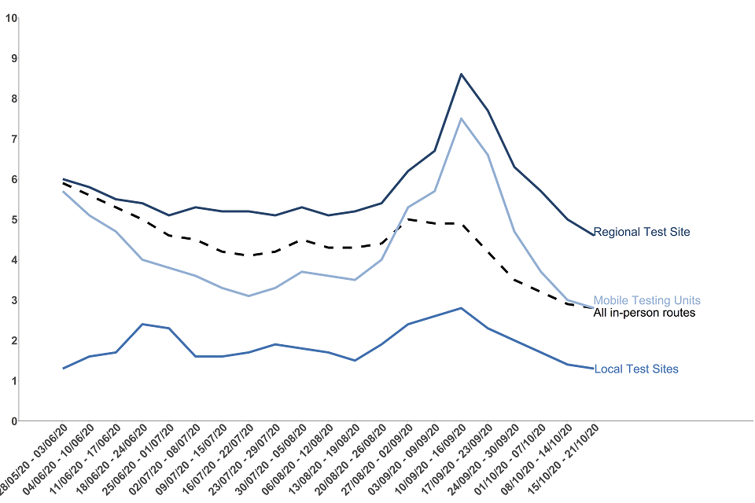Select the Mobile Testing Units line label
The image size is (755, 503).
646,300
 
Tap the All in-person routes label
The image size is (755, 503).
644,313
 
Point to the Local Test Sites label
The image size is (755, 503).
636,369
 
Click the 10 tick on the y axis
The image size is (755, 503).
11,17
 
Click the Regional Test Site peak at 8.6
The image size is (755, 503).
461,74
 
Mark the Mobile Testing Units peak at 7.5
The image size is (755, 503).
461,119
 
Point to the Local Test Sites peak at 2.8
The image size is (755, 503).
461,308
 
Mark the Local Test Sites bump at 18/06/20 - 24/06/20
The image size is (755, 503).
142,324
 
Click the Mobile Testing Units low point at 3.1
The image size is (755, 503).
249,296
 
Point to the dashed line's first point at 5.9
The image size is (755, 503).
63,183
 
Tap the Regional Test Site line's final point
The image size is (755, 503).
593,235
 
